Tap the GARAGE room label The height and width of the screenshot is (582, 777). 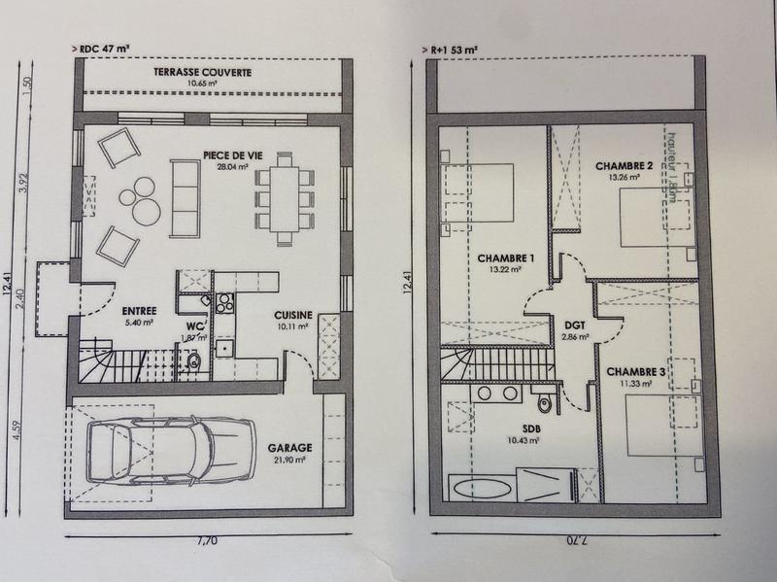tap(289, 448)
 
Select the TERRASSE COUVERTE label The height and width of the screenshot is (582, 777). tap(203, 73)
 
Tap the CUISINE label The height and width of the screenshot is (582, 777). tap(292, 315)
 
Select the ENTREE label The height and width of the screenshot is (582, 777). tap(114, 287)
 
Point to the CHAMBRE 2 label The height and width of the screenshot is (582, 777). tap(624, 165)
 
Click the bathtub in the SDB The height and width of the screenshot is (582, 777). tap(479, 488)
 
